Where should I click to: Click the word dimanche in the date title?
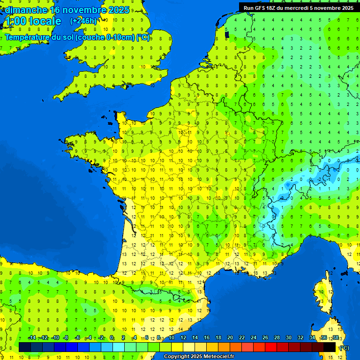pyautogui.click(x=26, y=10)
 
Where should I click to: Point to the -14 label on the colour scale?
pyautogui.click(x=32, y=338)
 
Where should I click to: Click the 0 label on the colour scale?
pyautogui.click(x=112, y=338)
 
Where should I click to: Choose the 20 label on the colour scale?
pyautogui.click(x=230, y=338)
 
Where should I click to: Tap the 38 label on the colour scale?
pyautogui.click(x=335, y=338)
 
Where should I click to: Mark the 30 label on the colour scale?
pyautogui.click(x=288, y=338)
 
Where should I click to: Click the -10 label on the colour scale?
pyautogui.click(x=55, y=338)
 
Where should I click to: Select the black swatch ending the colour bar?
pyautogui.click(x=330, y=347)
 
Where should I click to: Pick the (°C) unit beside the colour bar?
pyautogui.click(x=344, y=347)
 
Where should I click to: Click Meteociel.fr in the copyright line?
pyautogui.click(x=219, y=357)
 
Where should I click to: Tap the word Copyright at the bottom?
pyautogui.click(x=176, y=357)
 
